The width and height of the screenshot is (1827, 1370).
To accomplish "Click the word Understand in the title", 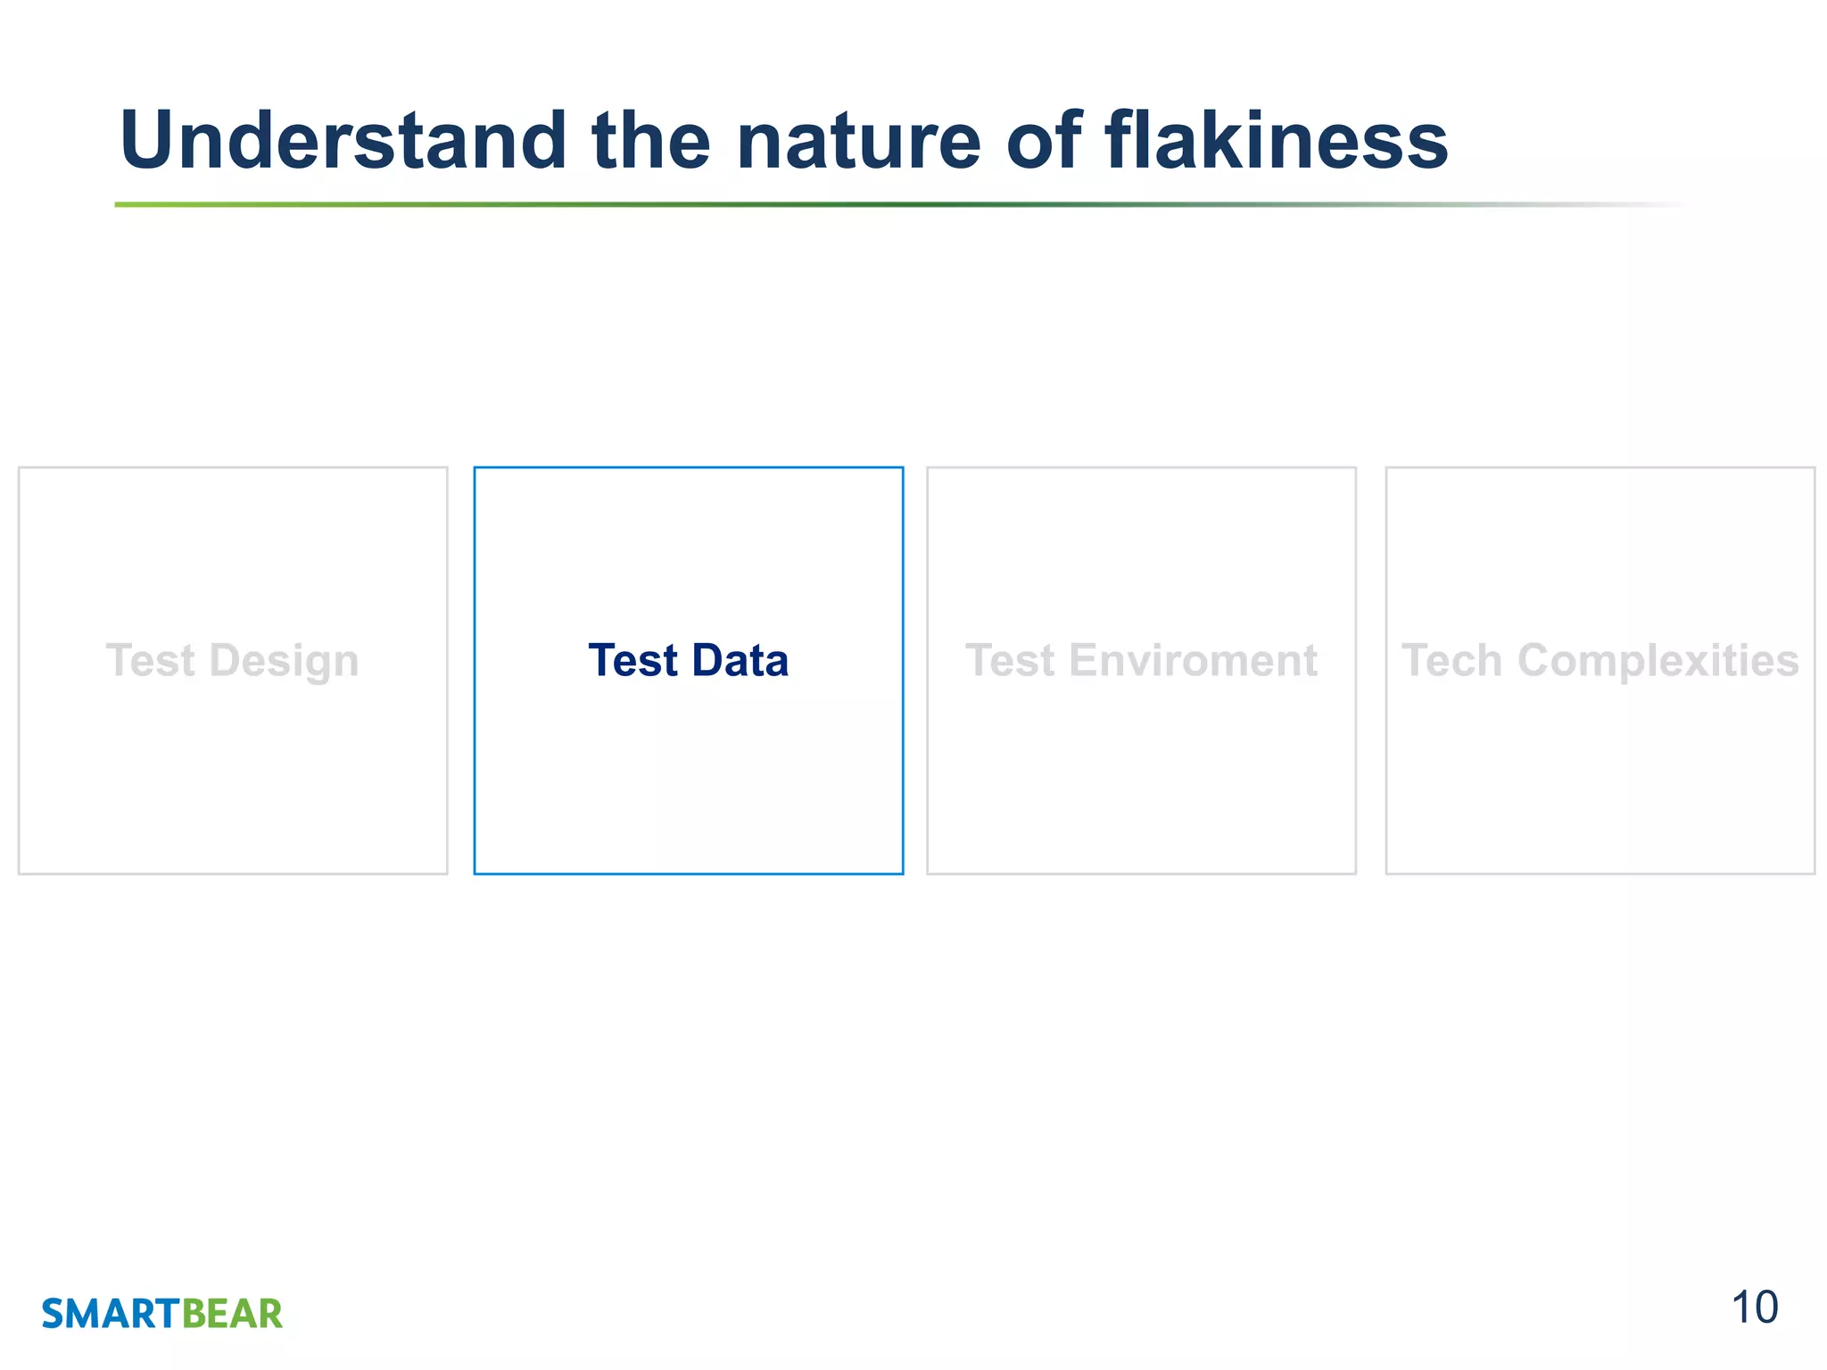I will (x=343, y=141).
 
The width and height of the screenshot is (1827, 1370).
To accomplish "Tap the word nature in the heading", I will (x=858, y=141).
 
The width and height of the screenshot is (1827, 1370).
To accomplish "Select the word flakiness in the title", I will (x=1276, y=141).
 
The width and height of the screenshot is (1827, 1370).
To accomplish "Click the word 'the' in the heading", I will (x=651, y=141).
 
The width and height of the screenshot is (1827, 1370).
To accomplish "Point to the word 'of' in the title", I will (x=1044, y=141).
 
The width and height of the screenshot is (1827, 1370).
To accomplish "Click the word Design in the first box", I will (x=284, y=662).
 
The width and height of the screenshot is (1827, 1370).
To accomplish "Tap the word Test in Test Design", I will (x=150, y=661).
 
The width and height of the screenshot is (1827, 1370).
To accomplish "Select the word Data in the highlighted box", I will (x=740, y=661).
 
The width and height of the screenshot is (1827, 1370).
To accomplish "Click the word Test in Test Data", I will (x=633, y=661).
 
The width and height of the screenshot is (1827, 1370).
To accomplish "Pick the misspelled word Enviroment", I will (x=1193, y=661).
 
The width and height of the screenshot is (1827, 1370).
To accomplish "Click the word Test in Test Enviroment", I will (x=1010, y=661).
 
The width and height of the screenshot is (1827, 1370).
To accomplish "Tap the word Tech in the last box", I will (x=1451, y=661).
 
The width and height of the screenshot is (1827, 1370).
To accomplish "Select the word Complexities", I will (x=1658, y=662).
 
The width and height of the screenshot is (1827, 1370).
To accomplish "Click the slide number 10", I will (x=1754, y=1308).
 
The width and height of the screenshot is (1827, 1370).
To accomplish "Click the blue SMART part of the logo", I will (x=112, y=1315).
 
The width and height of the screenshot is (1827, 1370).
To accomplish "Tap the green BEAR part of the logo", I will (x=232, y=1315).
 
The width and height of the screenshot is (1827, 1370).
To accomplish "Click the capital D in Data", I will (x=708, y=661).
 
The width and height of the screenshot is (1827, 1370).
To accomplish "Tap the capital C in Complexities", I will (x=1535, y=661).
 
